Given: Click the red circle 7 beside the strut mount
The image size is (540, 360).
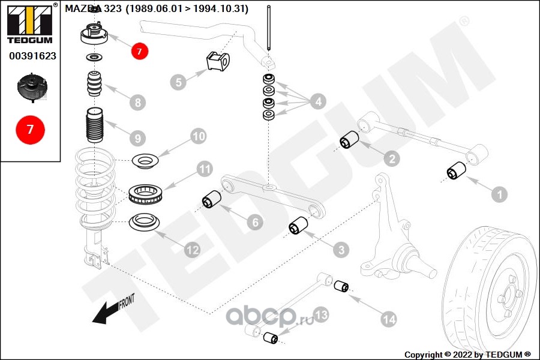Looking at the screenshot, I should pyautogui.click(x=139, y=52).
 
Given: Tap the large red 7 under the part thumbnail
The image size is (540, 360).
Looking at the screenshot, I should pyautogui.click(x=29, y=129).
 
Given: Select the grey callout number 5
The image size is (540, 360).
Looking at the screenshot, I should pyautogui.click(x=178, y=82).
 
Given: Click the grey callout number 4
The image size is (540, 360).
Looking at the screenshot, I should pyautogui.click(x=318, y=101).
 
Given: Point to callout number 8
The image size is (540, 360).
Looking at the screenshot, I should pyautogui.click(x=139, y=102).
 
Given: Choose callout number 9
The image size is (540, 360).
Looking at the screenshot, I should pyautogui.click(x=139, y=138).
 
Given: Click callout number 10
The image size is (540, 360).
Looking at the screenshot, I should pyautogui.click(x=199, y=137).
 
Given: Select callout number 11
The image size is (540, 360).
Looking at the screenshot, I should pyautogui.click(x=205, y=170).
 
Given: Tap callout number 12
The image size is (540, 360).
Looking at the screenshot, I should pyautogui.click(x=192, y=250).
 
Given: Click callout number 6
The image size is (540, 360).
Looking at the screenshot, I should pyautogui.click(x=255, y=223).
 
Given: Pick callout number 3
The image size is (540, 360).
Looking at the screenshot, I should pyautogui.click(x=340, y=248).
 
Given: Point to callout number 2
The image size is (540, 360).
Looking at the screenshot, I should pyautogui.click(x=391, y=158).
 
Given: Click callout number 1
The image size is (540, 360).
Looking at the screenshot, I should pyautogui.click(x=499, y=194).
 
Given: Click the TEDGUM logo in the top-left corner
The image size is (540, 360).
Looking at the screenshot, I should pyautogui.click(x=29, y=24).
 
